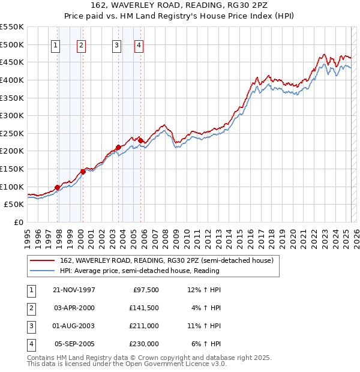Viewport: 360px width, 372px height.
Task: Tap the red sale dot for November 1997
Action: (x=58, y=187)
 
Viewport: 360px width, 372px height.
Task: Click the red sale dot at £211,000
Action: (x=118, y=147)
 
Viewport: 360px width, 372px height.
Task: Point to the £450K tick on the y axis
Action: (x=13, y=62)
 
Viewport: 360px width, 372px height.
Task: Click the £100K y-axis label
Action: (x=13, y=187)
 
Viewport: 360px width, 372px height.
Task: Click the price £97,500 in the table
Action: (x=145, y=290)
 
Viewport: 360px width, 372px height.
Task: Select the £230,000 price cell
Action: (x=145, y=344)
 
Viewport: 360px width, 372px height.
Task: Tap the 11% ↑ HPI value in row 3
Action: (x=204, y=326)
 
